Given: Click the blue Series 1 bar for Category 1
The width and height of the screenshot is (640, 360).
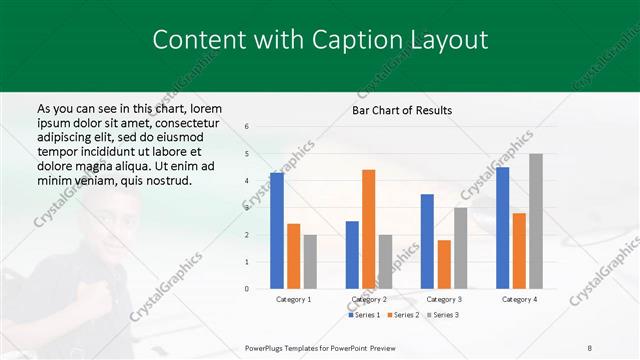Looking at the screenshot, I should pyautogui.click(x=277, y=231).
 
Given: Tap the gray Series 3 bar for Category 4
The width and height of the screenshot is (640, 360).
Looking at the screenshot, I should pyautogui.click(x=536, y=221).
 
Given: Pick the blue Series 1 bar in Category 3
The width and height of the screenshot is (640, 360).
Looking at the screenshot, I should pyautogui.click(x=427, y=241).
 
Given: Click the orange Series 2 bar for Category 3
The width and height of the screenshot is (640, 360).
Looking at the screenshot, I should pyautogui.click(x=444, y=264).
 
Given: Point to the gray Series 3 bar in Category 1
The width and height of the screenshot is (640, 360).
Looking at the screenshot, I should pyautogui.click(x=310, y=261).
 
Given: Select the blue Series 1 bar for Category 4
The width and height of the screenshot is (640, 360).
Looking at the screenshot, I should pyautogui.click(x=502, y=228).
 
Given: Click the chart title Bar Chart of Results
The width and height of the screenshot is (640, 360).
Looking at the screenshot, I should pyautogui.click(x=402, y=110).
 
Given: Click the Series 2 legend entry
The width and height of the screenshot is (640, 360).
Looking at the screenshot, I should pyautogui.click(x=402, y=315).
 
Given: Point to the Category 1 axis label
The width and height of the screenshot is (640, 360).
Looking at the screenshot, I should pyautogui.click(x=293, y=299).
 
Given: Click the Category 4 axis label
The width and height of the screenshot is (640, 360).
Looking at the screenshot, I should pyautogui.click(x=519, y=299).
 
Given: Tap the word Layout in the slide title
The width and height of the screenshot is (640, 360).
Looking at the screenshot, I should pyautogui.click(x=440, y=40).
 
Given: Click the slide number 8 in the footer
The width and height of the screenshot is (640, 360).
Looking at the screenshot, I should pyautogui.click(x=590, y=347).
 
